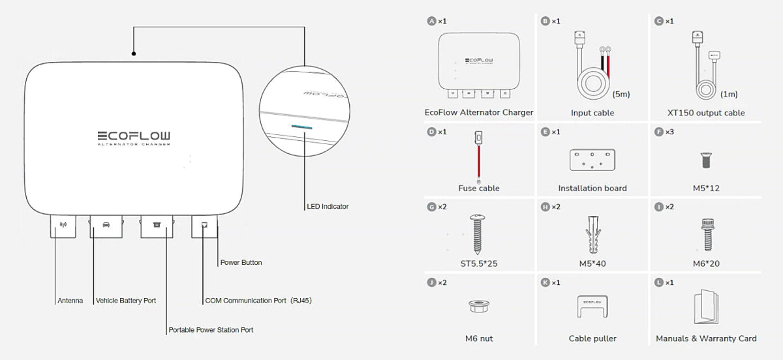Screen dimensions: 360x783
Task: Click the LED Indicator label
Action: pos(328,207)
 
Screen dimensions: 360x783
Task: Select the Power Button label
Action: pos(241,263)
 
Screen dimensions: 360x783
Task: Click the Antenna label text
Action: pos(70,301)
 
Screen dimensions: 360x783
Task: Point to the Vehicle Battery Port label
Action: pos(126,301)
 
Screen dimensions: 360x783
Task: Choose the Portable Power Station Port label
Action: pos(211,330)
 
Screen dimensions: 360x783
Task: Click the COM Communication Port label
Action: pos(258,301)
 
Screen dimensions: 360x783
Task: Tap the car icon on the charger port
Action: pos(106,225)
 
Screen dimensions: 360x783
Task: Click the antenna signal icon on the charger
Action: pos(63,225)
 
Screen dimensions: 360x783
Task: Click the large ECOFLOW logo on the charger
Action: pos(134,136)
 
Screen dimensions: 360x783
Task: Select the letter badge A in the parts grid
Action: pos(431,22)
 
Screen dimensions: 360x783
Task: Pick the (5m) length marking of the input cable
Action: pos(621,94)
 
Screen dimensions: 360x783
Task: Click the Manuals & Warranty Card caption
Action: pos(706,338)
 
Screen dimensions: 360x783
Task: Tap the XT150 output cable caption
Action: pos(706,113)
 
